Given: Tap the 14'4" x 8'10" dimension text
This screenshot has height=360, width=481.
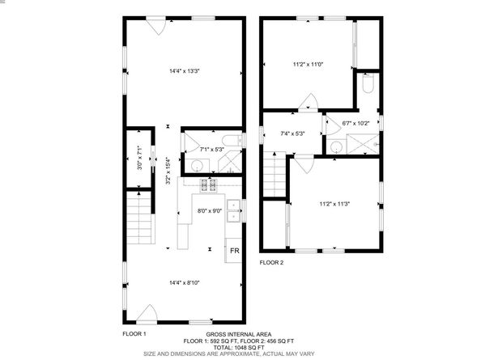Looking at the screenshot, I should tap(184, 282).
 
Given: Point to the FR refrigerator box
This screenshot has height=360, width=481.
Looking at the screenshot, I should tap(234, 252).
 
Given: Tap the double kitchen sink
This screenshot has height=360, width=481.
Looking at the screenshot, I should tap(233, 210).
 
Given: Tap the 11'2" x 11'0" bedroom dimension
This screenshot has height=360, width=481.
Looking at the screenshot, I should tap(308, 64).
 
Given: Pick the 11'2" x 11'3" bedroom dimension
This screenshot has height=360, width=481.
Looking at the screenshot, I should tap(334, 204).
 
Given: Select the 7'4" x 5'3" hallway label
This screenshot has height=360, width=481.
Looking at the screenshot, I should tap(292, 133).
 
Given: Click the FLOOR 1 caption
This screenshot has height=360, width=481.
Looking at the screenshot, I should tap(134, 333).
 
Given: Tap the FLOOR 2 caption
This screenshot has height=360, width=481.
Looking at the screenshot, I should tap(271, 263).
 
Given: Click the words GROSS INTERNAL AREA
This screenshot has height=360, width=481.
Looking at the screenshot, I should tap(239, 333).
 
